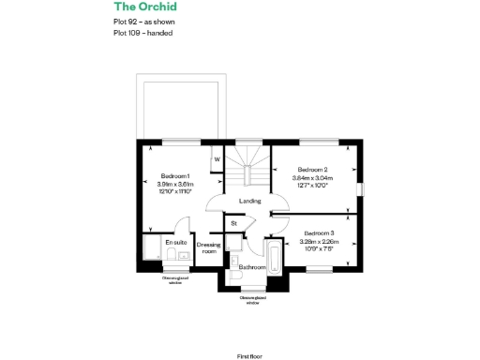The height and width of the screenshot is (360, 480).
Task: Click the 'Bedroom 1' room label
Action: tap(175, 176)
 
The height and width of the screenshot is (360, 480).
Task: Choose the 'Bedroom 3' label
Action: tap(318, 232)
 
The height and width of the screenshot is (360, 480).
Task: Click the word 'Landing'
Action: tap(249, 202)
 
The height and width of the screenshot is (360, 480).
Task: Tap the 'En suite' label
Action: tap(176, 243)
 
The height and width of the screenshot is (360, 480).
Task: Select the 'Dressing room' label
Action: tap(208, 247)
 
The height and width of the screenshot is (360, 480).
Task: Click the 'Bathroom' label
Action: tap(251, 267)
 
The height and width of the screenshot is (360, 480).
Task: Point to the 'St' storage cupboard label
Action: tap(233, 223)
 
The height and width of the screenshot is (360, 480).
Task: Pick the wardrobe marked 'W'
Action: tap(217, 158)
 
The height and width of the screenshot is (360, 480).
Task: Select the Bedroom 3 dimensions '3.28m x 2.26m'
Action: tap(318, 241)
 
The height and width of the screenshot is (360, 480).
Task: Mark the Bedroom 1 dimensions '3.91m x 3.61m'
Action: tap(175, 185)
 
